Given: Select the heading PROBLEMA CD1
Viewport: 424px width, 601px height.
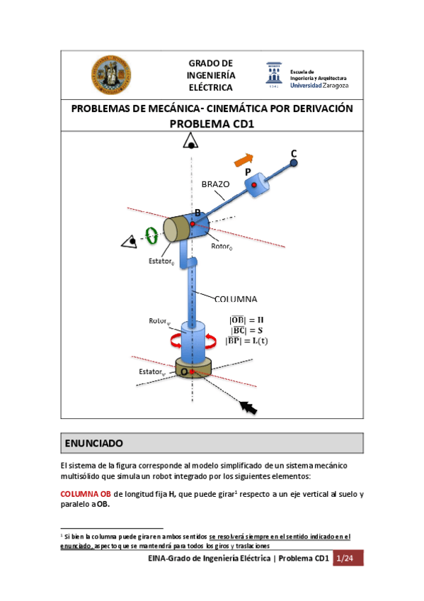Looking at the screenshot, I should click(212, 123).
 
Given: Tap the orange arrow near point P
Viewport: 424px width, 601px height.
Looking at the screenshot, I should click(243, 160).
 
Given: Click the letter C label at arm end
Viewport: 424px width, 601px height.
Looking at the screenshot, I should click(294, 154).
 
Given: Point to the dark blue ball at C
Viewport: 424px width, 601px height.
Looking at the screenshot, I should click(293, 164).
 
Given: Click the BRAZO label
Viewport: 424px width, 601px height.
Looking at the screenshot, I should click(216, 184).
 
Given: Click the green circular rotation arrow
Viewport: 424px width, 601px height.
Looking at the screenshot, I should click(151, 235).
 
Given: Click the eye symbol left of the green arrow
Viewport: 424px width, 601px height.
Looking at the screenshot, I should click(129, 242).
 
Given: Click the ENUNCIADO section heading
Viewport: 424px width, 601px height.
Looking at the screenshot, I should click(94, 444).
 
